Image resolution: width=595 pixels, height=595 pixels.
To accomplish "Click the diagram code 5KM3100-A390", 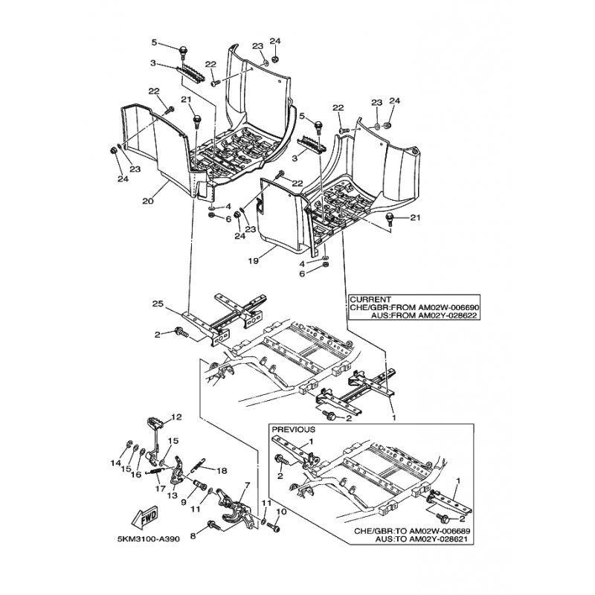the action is point(149,538).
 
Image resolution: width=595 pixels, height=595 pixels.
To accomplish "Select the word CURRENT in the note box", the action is point(370,300).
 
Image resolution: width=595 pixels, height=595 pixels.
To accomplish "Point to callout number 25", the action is point(158,304).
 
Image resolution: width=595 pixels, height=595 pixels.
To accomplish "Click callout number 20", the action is point(147,201).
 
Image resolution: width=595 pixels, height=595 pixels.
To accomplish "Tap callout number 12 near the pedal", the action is point(176,416).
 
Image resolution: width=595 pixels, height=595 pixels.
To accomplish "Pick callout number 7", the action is point(248,486).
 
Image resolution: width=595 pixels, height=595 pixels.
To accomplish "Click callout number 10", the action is point(281,512).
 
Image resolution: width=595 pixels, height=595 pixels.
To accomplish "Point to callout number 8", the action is point(193,536).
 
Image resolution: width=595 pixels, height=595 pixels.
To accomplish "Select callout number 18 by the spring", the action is point(222,471).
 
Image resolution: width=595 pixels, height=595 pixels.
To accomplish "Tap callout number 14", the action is point(116,463).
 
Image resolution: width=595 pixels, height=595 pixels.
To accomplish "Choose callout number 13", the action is point(172,495).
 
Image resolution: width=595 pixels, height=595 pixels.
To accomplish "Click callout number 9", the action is point(184,502).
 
